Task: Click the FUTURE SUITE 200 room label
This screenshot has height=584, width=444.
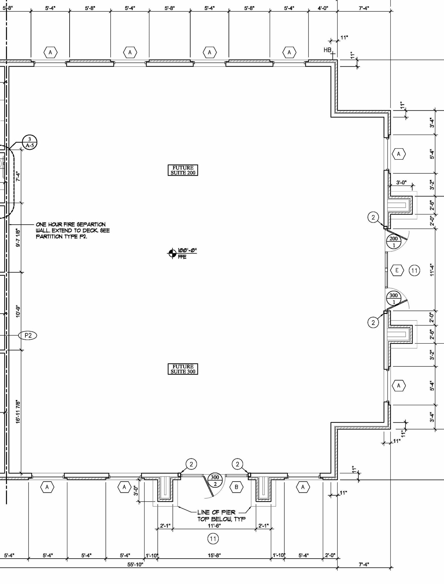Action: click(x=183, y=170)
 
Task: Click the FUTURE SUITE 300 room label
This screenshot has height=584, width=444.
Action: click(x=183, y=369)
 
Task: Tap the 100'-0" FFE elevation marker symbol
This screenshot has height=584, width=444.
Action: click(x=172, y=253)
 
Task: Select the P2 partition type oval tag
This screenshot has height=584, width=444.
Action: click(x=28, y=335)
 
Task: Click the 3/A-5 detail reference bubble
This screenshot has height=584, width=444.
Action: click(x=29, y=142)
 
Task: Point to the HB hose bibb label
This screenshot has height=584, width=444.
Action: click(x=327, y=50)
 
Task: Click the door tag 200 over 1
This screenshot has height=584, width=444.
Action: click(x=394, y=242)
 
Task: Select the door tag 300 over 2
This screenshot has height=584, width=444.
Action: click(x=215, y=480)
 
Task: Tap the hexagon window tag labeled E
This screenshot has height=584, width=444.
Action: click(x=397, y=270)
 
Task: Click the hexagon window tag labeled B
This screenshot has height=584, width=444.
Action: click(x=236, y=487)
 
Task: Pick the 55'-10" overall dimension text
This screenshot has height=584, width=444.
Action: click(x=135, y=565)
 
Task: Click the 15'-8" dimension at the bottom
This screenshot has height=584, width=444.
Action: click(x=214, y=555)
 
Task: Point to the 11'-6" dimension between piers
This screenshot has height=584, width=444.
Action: click(x=214, y=526)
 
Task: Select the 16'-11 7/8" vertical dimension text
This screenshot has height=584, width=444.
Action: click(x=18, y=411)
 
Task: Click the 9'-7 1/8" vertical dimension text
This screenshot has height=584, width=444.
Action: click(x=18, y=237)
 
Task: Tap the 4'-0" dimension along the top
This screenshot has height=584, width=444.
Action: click(x=323, y=8)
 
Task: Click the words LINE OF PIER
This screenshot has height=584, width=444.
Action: click(x=216, y=512)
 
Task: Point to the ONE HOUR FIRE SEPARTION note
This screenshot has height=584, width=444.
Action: click(x=71, y=224)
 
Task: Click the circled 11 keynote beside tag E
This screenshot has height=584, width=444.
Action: click(x=414, y=270)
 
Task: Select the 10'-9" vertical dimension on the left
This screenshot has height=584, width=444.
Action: click(x=18, y=311)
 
